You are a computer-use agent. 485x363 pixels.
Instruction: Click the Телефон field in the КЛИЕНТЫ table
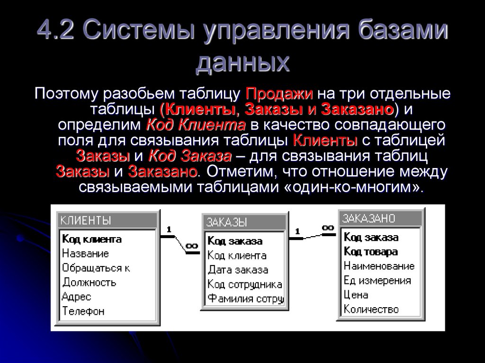pyautogui.click(x=83, y=311)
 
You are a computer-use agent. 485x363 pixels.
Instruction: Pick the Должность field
pyautogui.click(x=89, y=283)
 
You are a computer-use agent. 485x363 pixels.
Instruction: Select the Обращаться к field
pyautogui.click(x=96, y=268)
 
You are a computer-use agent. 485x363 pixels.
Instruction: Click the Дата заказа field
pyautogui.click(x=238, y=270)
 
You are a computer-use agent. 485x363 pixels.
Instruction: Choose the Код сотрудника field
pyautogui.click(x=244, y=284)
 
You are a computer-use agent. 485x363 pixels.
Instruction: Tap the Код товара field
pyautogui.click(x=370, y=251)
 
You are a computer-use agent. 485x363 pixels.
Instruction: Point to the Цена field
pyautogui.click(x=356, y=295)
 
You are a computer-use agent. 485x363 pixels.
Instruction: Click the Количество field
pyautogui.click(x=371, y=310)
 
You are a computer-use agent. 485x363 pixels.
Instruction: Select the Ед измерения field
pyautogui.click(x=377, y=280)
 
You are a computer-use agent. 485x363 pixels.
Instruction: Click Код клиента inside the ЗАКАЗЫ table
pyautogui.click(x=237, y=256)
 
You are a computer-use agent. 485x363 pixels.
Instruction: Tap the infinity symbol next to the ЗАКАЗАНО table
pyautogui.click(x=327, y=228)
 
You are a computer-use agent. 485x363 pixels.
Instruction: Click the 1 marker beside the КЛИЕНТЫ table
pyautogui.click(x=168, y=230)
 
